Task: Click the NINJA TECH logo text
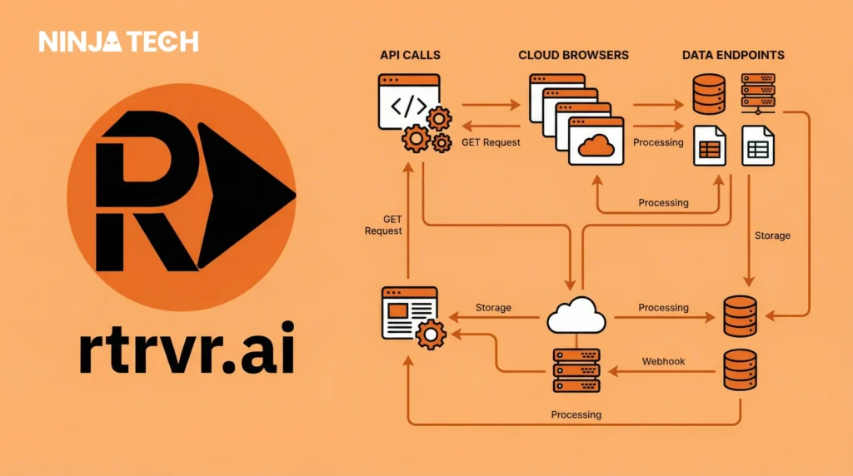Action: pyautogui.click(x=118, y=42)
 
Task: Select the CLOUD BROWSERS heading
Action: pyautogui.click(x=573, y=56)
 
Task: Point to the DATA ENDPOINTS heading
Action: pyautogui.click(x=733, y=56)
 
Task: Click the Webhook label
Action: pyautogui.click(x=663, y=362)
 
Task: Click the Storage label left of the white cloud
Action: pyautogui.click(x=493, y=308)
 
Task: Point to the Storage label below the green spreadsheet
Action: pyautogui.click(x=772, y=236)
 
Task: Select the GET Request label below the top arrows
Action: pyautogui.click(x=491, y=142)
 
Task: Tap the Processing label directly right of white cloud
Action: pyautogui.click(x=663, y=308)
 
